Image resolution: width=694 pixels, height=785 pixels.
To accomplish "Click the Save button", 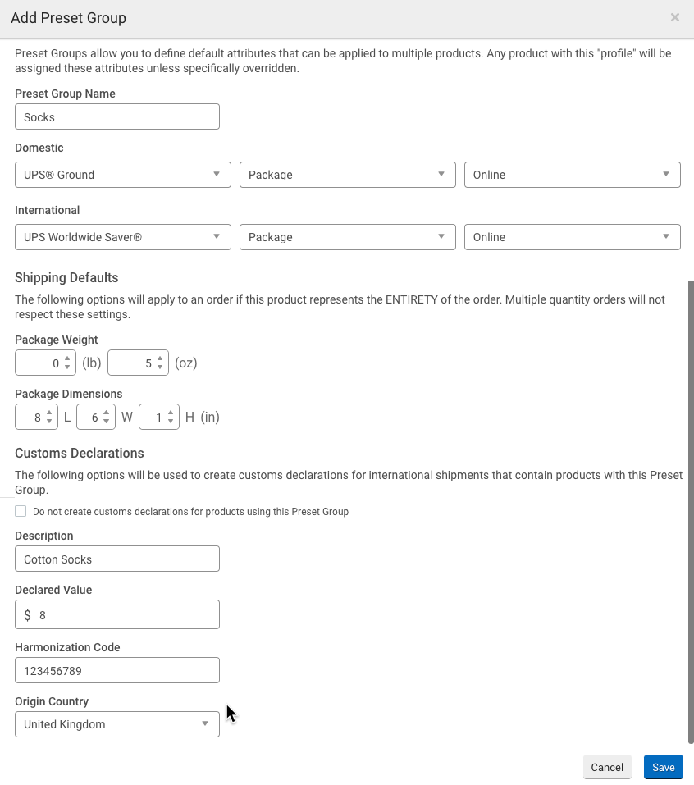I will tap(663, 767).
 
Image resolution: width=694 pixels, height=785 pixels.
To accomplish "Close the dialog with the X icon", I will tap(674, 17).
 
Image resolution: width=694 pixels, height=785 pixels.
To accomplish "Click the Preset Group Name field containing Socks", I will tap(117, 116).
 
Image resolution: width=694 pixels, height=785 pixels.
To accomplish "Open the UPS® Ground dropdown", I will tap(122, 175).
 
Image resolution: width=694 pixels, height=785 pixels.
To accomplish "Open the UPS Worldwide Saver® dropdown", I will tap(122, 237).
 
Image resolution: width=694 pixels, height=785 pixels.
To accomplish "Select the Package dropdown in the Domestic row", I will tap(347, 175).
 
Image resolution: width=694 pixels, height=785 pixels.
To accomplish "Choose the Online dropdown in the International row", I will tap(572, 237).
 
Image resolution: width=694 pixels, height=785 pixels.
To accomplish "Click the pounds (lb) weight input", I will tap(39, 363).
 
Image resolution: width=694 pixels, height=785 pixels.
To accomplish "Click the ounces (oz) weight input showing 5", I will tap(132, 363).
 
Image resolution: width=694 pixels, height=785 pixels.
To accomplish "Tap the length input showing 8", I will tap(30, 418).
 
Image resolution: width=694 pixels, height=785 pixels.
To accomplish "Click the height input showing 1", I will tap(153, 418).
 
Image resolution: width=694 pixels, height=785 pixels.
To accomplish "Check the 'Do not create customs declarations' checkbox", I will tap(21, 511).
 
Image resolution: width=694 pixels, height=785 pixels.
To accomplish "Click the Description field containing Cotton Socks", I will tap(117, 559).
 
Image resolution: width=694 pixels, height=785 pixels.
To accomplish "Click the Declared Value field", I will tap(123, 614).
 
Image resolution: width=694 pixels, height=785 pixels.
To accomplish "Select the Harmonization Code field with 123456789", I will tap(117, 670).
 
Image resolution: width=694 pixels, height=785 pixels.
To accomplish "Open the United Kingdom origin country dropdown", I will tap(117, 724).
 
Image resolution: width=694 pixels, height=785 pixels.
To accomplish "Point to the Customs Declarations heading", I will tap(80, 453).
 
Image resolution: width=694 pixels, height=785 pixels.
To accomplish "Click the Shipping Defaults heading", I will tap(66, 277).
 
